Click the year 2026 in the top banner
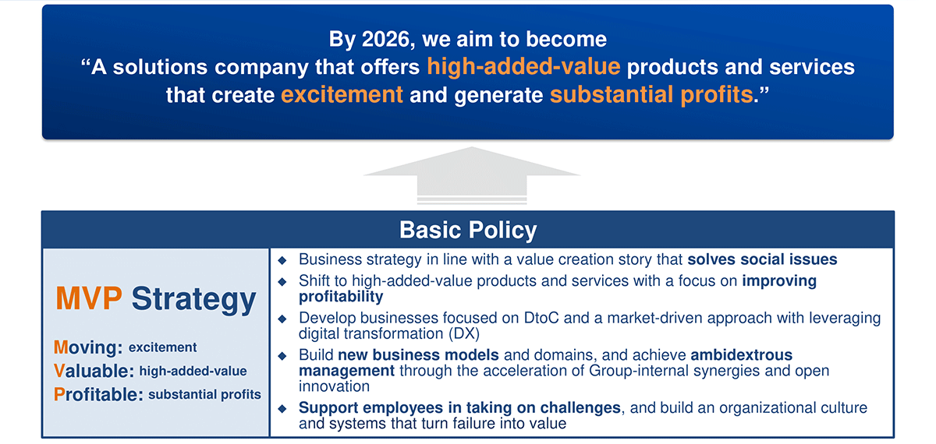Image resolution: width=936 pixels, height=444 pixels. point(385,39)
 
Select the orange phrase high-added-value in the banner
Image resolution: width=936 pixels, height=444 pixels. point(523,67)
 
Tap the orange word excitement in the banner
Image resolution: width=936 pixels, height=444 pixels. point(342,95)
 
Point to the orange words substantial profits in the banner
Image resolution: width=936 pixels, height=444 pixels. point(651,95)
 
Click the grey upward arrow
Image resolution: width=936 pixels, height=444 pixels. point(472,175)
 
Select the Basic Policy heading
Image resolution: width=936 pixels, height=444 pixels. point(468,230)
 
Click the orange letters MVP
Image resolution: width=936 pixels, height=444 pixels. point(89,299)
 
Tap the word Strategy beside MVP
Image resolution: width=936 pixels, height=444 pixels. point(193,301)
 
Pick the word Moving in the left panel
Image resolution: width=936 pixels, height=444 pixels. point(87,347)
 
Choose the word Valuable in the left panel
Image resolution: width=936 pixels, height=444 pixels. point(94,371)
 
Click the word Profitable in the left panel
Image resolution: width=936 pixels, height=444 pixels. point(98,394)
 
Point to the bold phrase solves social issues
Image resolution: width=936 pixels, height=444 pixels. point(762,259)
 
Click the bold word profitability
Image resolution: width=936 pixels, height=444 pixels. point(341,297)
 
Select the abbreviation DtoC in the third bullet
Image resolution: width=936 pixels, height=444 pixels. point(541,319)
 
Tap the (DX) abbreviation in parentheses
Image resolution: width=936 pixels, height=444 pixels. point(464,334)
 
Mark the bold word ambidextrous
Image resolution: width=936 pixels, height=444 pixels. point(741,355)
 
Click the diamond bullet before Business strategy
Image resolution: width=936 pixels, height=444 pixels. point(282,261)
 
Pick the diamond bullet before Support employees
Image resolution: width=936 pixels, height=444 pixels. point(282,409)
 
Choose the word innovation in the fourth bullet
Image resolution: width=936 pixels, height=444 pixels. point(334,387)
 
